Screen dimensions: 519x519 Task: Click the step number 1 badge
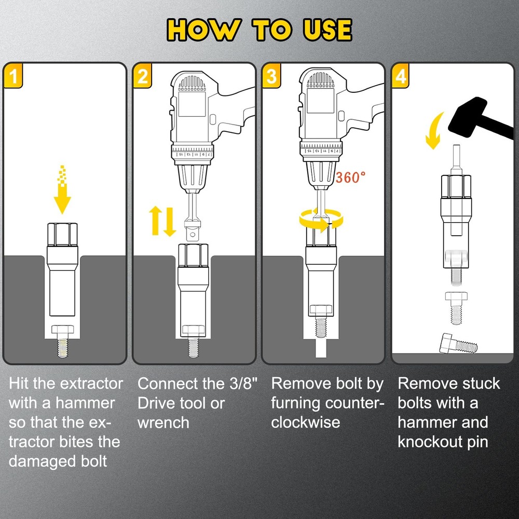point(14,76)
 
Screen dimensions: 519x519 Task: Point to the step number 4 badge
point(401,76)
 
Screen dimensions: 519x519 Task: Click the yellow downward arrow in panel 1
point(63,192)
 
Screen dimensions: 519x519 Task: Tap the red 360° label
point(351,177)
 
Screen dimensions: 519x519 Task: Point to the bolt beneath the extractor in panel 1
point(63,340)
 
